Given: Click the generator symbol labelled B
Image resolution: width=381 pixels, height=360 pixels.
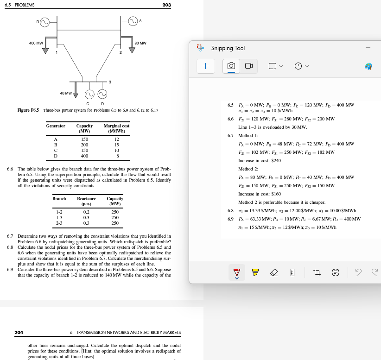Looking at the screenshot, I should click(45, 21).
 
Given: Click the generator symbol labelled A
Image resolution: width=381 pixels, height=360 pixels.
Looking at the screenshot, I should click(133, 21).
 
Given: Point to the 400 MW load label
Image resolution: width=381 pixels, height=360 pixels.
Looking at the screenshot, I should click(36, 43).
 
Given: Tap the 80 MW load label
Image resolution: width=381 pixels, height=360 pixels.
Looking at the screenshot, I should click(140, 43).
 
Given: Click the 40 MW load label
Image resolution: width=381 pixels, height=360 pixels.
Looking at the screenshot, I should click(65, 93).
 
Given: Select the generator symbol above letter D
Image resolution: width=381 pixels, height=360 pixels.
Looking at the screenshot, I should click(102, 95).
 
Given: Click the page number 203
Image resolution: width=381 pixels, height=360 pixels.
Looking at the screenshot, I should click(167, 5).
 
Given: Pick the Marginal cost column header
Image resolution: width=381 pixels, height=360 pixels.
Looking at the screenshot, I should click(116, 128).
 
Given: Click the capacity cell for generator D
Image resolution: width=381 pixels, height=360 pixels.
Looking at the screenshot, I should click(84, 156).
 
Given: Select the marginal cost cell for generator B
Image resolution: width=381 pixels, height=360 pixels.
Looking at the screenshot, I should click(116, 145).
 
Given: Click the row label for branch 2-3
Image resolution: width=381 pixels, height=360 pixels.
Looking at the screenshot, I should click(59, 223).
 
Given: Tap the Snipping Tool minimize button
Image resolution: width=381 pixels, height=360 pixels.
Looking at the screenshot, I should click(368, 48).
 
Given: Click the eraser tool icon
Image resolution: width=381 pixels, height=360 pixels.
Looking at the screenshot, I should click(274, 273).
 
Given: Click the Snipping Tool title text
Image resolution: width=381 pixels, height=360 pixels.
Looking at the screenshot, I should click(228, 48).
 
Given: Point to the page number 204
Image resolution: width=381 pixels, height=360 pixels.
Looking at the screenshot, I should click(19, 332).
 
